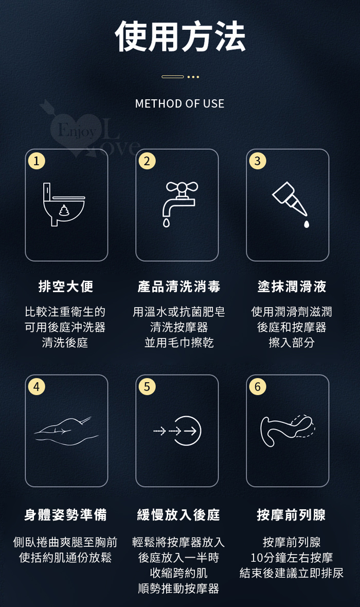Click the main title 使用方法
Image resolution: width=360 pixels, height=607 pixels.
[x=180, y=37]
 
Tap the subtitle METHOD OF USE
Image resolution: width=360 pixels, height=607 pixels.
[x=179, y=104]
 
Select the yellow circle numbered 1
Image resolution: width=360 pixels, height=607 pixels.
[x=36, y=161]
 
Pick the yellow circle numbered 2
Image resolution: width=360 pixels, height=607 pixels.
[x=147, y=161]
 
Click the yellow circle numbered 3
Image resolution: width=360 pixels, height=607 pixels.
[x=258, y=161]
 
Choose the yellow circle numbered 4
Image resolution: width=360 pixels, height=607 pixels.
[x=36, y=386]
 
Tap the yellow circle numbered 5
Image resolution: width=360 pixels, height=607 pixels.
[x=147, y=386]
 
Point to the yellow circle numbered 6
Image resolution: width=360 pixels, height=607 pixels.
[x=258, y=386]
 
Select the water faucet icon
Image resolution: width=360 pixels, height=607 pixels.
[x=177, y=200]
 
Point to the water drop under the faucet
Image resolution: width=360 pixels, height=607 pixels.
[x=166, y=223]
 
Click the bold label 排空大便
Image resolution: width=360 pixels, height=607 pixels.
[x=66, y=287]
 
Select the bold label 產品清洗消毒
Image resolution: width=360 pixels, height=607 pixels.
[x=178, y=287]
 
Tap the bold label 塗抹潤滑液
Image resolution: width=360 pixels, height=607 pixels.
[x=292, y=287]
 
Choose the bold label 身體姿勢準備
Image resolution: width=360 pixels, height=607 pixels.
[x=66, y=514]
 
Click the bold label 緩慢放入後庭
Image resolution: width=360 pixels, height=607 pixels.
[x=178, y=514]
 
